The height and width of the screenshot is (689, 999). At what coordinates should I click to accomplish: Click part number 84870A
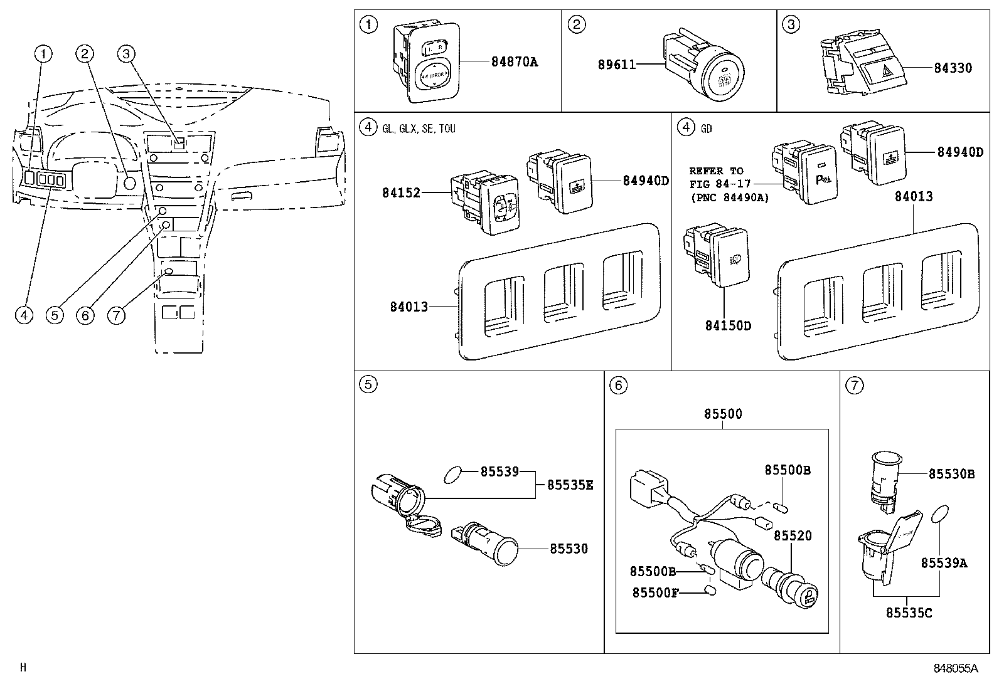[x=514, y=62]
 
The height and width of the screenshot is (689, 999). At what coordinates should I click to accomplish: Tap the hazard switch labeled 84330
[x=867, y=70]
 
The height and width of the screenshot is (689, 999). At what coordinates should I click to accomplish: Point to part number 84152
[x=401, y=192]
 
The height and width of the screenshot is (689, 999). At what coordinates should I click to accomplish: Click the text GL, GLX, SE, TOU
[x=419, y=129]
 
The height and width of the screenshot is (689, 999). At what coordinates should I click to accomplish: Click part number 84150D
[x=727, y=326]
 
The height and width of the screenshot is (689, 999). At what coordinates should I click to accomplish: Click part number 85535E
[x=570, y=485]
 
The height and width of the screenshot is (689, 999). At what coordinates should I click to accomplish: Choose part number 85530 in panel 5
[x=569, y=549]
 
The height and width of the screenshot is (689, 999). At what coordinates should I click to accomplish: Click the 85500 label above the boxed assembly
[x=722, y=414]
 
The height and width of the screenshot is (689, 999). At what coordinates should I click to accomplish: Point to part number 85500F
[x=655, y=592]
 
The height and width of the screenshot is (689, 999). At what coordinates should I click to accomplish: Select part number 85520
[x=792, y=535]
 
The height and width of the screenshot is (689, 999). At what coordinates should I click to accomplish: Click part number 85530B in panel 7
[x=951, y=474]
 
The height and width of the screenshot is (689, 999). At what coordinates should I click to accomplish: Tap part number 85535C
[x=909, y=613]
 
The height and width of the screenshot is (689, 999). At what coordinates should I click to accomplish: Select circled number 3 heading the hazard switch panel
[x=791, y=24]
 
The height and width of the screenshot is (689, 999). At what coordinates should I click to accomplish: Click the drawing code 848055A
[x=955, y=669]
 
